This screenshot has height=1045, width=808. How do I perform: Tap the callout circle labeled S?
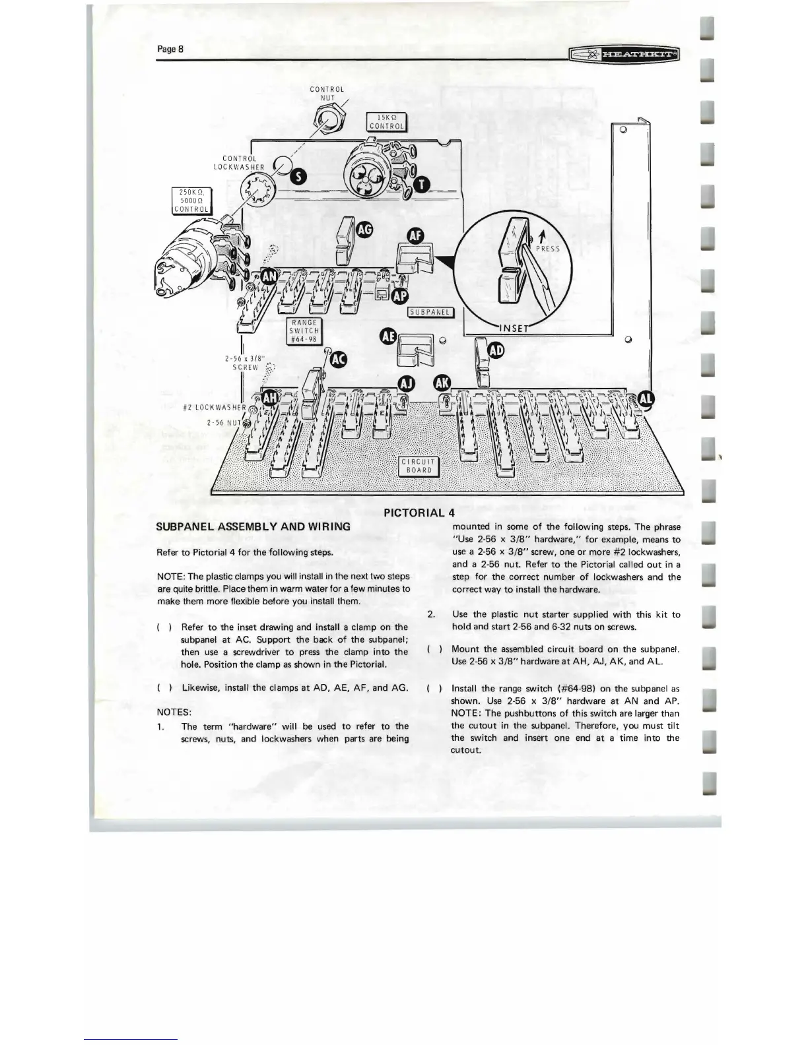(x=299, y=175)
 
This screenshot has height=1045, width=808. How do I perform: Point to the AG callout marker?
(x=364, y=228)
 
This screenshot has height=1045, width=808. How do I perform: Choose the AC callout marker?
(x=339, y=359)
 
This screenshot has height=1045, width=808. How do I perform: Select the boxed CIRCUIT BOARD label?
(x=419, y=466)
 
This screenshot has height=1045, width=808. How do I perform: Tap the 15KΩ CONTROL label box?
(x=387, y=123)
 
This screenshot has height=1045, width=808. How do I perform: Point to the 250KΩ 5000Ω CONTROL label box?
(x=191, y=201)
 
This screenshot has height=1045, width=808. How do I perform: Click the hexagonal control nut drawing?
(x=326, y=121)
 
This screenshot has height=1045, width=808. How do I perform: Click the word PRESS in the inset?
(x=547, y=249)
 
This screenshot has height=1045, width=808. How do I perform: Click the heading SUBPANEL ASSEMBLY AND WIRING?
(x=253, y=526)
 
